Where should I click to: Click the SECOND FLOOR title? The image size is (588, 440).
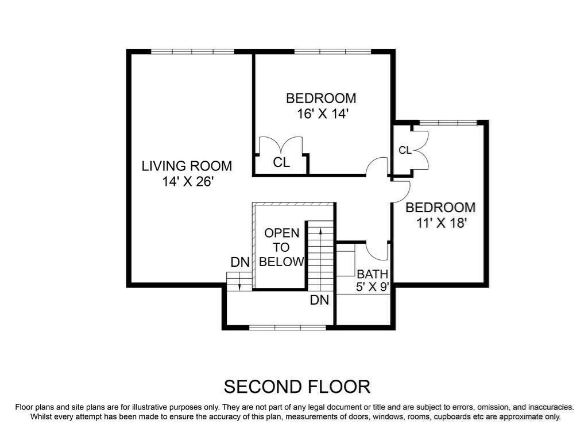[x=297, y=386]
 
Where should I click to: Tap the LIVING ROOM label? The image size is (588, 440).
[x=187, y=166]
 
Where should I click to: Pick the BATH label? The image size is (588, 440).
[x=373, y=274]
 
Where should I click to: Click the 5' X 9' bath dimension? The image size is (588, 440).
[x=373, y=287]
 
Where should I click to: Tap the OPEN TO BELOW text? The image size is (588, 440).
[x=281, y=248]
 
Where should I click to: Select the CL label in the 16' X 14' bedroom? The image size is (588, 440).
[x=281, y=163]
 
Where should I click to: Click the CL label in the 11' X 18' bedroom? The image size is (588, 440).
[x=405, y=150]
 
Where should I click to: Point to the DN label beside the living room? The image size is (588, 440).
[x=240, y=263]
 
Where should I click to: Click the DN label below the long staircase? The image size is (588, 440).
[x=319, y=300]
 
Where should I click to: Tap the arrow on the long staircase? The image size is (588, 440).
[x=320, y=235]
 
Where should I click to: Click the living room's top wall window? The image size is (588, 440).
[x=192, y=52]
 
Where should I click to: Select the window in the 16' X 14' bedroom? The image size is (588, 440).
[x=332, y=52]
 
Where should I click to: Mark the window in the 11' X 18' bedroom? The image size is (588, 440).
[x=448, y=122]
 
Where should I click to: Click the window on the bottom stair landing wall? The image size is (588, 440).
[x=288, y=327]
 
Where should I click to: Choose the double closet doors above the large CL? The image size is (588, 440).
[x=281, y=145]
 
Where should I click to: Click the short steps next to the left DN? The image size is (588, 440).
[x=239, y=281]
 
